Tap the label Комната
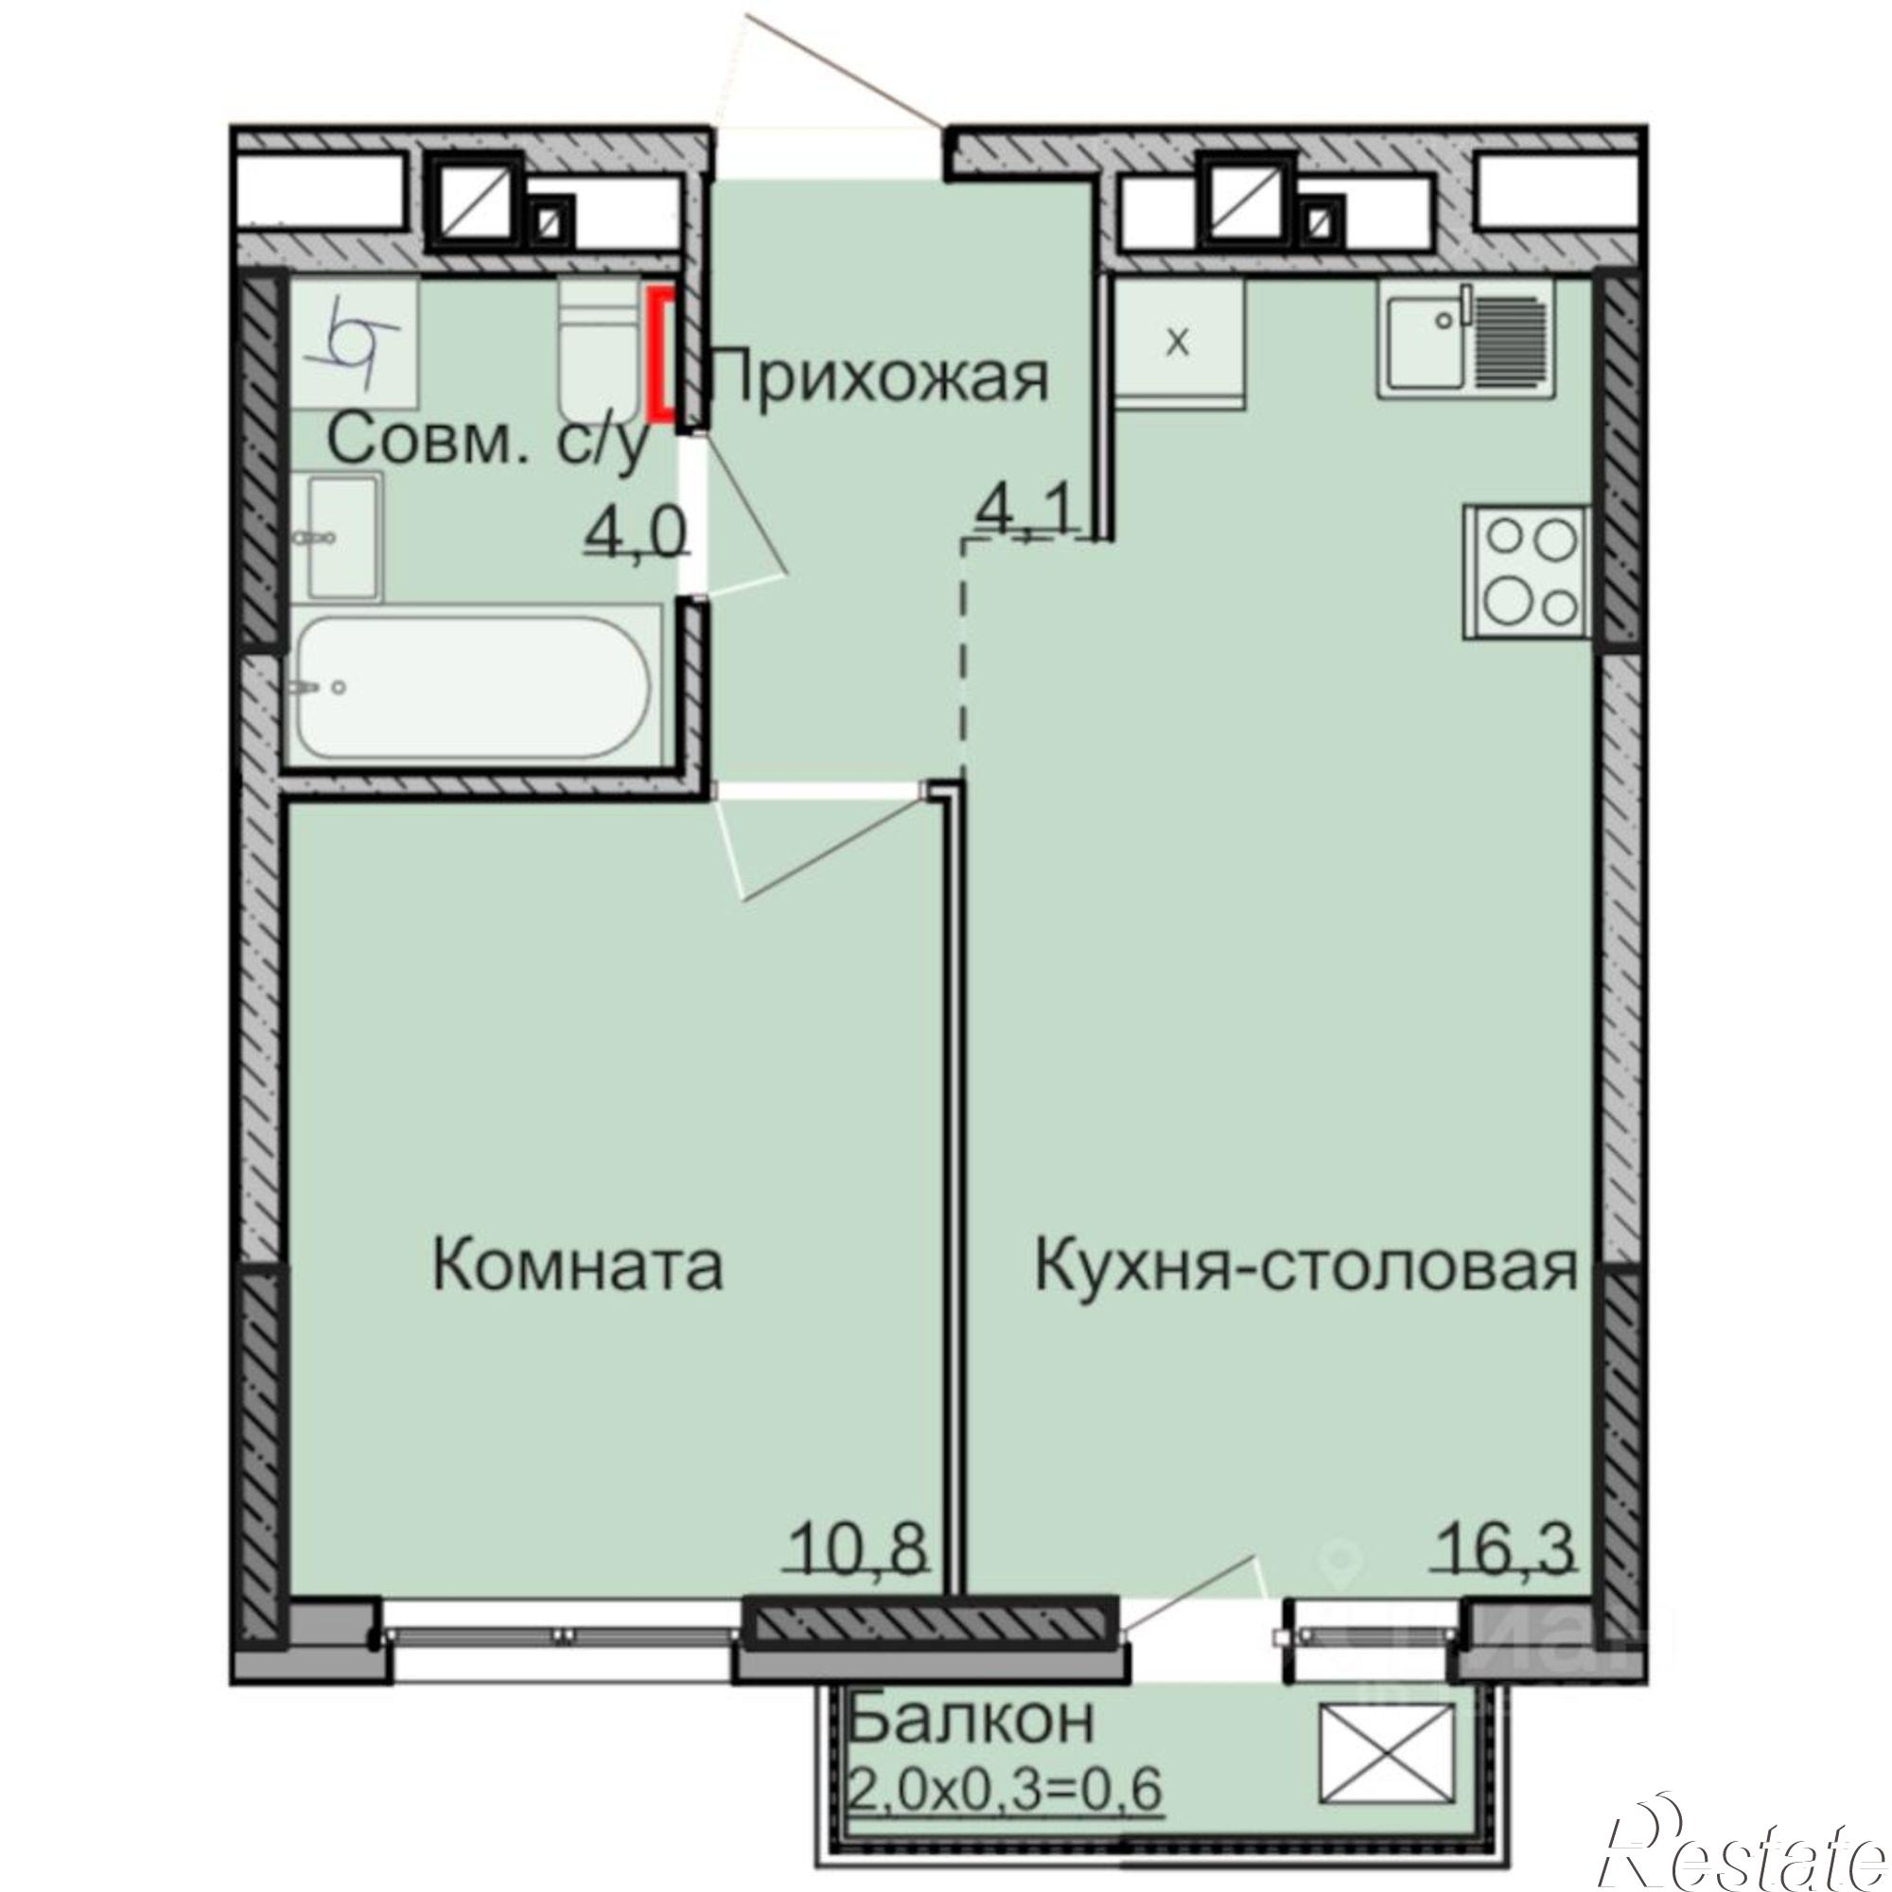577,1264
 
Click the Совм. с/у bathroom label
488,441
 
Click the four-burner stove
1526,573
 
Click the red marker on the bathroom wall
664,355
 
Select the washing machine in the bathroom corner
355,342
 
